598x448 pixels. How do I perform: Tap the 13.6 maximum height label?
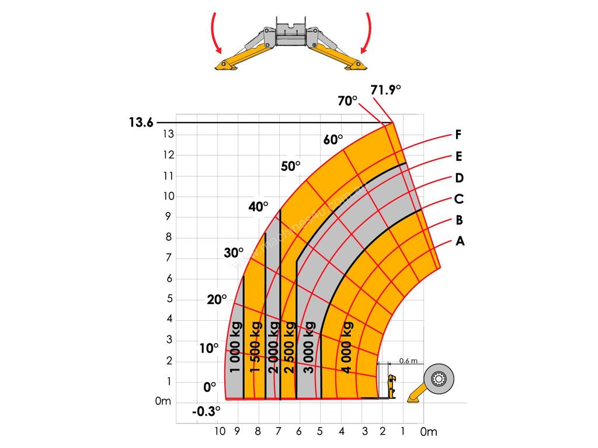coord(142,123)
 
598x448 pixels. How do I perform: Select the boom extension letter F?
coord(459,135)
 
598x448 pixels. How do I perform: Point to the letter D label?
coord(459,178)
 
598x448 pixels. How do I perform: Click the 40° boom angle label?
coord(258,206)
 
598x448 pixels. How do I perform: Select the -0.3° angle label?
coord(207,411)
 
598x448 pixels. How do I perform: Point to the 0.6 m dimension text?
coord(408,361)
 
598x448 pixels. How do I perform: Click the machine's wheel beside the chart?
coord(439,380)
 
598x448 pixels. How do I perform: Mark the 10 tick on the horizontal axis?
coord(219,432)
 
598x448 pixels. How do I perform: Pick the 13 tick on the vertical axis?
coord(168,134)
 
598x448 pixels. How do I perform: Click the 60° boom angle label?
coord(333,140)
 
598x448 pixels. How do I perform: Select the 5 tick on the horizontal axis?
coord(320,432)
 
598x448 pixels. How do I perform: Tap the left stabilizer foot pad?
coord(225,66)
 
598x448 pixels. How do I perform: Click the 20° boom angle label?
coord(216,300)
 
